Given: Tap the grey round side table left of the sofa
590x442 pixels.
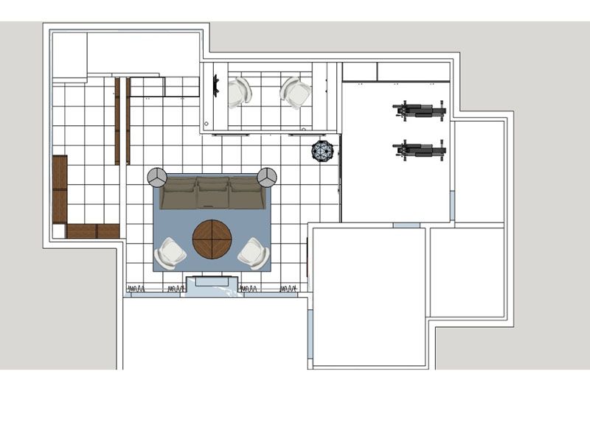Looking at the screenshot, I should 156,177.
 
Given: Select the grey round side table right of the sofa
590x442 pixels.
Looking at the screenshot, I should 267,177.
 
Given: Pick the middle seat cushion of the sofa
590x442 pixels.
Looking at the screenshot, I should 212,194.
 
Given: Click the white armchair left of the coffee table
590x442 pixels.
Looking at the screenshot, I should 171,253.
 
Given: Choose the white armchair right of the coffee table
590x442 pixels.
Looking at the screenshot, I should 253,253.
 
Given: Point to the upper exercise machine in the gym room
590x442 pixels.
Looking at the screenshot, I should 419,110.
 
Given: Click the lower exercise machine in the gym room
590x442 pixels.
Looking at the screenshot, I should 419,150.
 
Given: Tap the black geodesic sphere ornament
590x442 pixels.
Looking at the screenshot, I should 322,151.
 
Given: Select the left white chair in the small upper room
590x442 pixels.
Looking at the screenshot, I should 239,93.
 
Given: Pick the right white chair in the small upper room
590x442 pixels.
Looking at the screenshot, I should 296,93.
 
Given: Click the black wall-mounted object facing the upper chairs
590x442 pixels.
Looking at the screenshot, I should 216,86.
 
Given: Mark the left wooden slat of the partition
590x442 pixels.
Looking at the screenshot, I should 117,121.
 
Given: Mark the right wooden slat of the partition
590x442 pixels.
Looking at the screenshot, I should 128,121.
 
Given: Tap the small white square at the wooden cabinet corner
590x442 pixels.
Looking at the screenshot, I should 58,231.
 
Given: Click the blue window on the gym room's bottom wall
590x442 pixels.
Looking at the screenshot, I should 406,225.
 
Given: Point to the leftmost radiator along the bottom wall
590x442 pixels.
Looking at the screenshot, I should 135,288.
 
